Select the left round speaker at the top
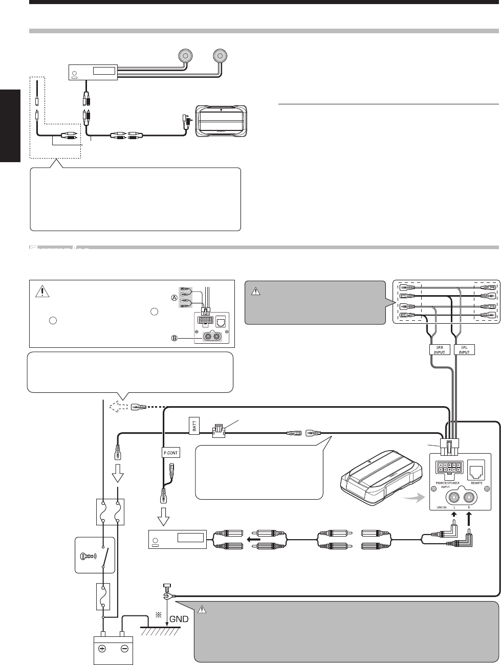tap(183, 55)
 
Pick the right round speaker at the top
tap(221, 55)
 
